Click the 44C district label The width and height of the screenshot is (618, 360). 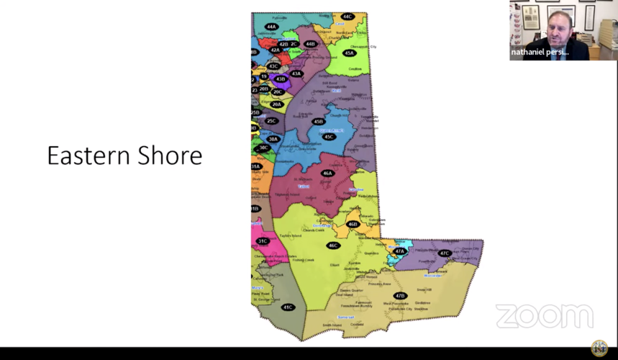coord(347,16)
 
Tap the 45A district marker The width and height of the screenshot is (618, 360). coord(350,53)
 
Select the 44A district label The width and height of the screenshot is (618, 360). coord(271,27)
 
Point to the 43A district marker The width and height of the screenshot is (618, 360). coord(296,73)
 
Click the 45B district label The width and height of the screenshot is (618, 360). coord(318,122)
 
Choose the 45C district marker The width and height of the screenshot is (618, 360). coord(329,137)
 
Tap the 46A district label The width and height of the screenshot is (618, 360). coord(328,173)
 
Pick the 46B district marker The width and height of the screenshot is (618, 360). coord(353,224)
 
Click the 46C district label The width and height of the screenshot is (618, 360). coord(332,246)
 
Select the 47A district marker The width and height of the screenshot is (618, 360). coord(399,251)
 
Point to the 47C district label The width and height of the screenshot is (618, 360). coord(444,253)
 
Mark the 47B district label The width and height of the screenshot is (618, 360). coord(400,295)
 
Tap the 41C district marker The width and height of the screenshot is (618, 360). coord(288,307)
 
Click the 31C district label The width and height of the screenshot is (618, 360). coord(263,241)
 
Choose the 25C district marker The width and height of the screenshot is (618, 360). coord(271,121)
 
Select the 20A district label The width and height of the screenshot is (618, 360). coord(276,104)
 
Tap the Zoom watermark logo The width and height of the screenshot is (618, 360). coord(545,316)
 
